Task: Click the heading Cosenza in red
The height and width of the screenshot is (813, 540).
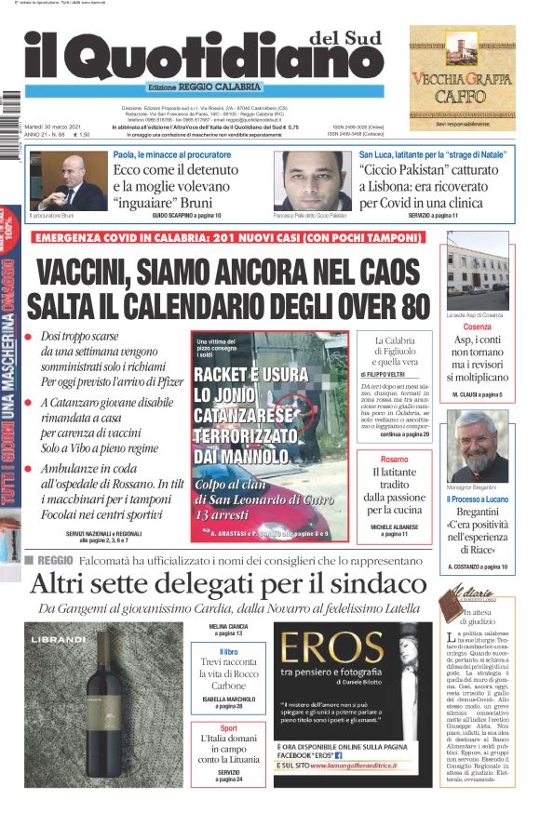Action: [477, 327]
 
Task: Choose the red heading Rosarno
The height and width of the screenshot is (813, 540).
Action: [394, 460]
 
